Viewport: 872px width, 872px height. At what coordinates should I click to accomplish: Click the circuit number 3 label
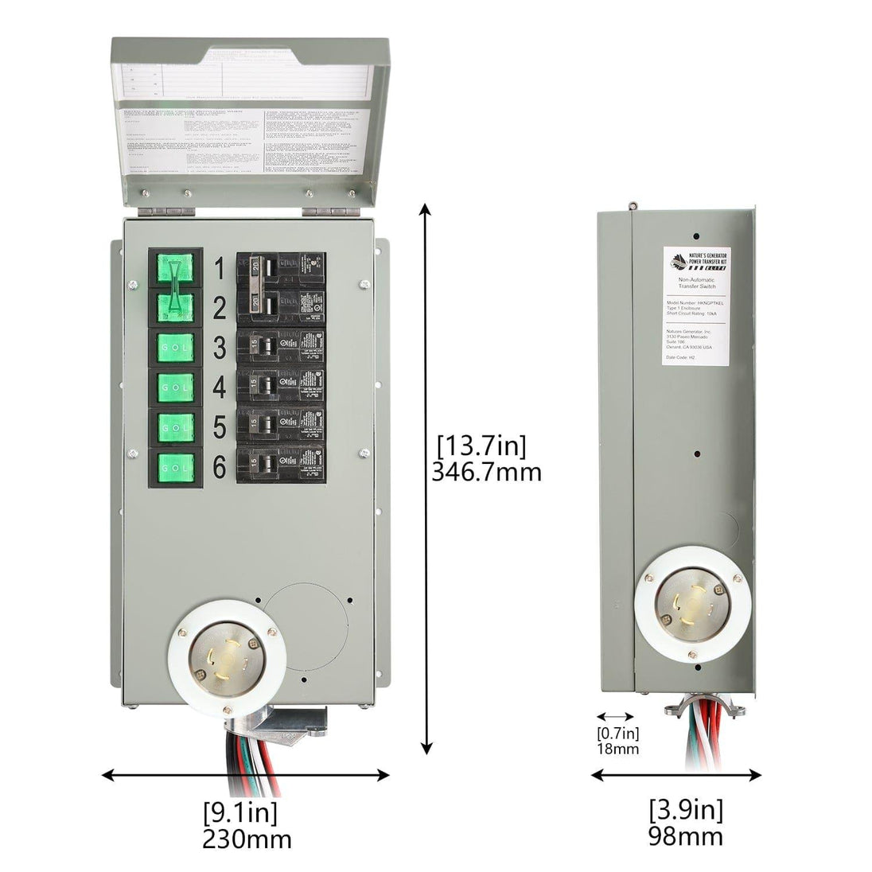pos(219,348)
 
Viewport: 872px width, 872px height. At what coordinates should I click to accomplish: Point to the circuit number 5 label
pos(219,427)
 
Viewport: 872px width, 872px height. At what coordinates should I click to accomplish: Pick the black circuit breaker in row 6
pos(281,462)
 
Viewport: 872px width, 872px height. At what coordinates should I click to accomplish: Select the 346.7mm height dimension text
pos(486,472)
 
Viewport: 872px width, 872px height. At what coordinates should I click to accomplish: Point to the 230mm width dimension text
pos(246,839)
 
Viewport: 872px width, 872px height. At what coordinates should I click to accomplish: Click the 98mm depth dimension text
pos(687,836)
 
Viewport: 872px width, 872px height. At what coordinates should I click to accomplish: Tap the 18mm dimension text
pos(618,749)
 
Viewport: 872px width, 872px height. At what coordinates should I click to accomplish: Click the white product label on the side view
pos(697,306)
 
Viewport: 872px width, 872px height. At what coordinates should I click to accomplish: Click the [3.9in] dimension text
pos(687,810)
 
